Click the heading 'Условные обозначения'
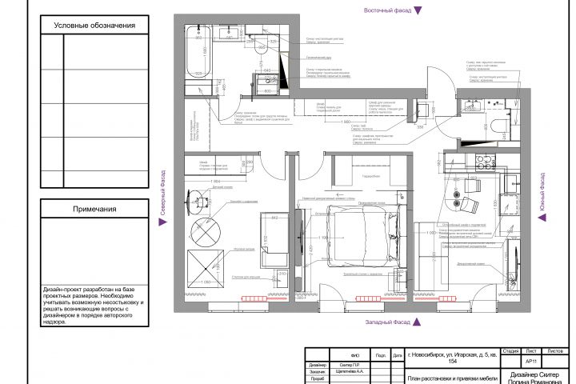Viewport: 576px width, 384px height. (x=95, y=26)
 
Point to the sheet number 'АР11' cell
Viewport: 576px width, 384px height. (x=531, y=362)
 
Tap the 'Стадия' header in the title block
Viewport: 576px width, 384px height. (x=512, y=351)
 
